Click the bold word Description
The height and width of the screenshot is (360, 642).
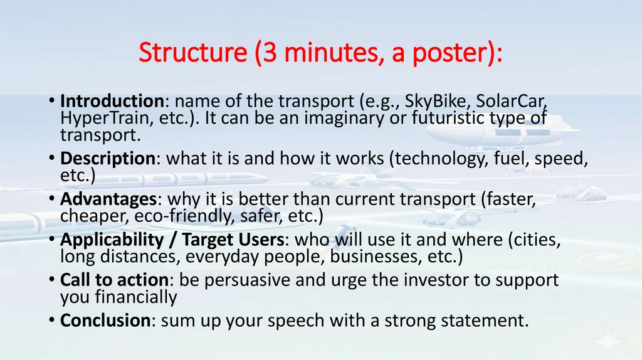[x=108, y=159]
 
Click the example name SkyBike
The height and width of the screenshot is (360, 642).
[x=432, y=102]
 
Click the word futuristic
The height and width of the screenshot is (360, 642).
[x=433, y=117]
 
